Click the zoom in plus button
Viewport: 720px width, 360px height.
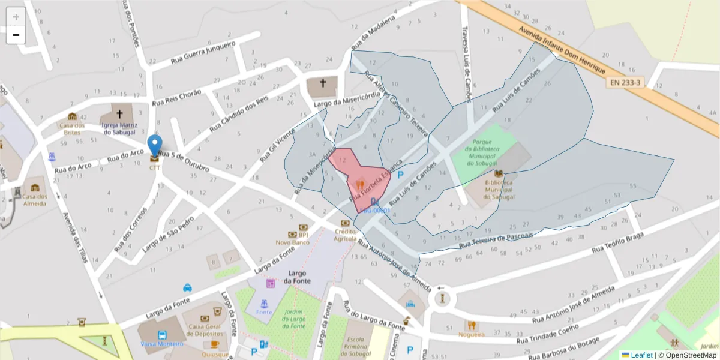point(16,17)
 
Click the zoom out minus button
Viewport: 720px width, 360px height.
point(16,35)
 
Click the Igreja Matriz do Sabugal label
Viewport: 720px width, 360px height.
point(119,128)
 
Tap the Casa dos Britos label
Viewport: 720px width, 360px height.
point(71,128)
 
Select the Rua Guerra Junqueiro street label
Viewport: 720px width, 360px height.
point(203,52)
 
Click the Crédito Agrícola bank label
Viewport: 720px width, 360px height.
point(345,235)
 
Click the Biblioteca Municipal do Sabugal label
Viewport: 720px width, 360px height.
point(499,190)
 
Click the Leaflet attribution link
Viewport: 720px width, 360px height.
point(640,355)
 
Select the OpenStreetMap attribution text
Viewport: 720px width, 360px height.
point(689,355)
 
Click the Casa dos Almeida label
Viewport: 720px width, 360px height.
point(35,200)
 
